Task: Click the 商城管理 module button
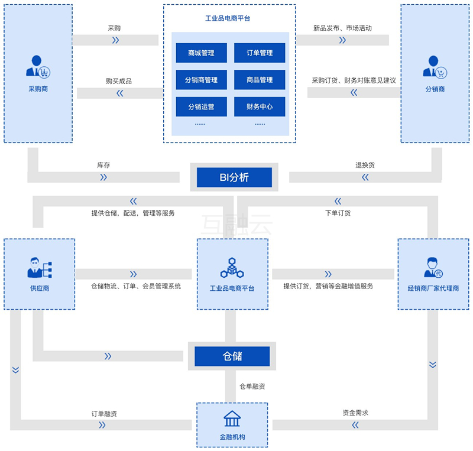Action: [201, 53]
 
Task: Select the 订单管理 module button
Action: [260, 53]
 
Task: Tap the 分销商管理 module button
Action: [201, 80]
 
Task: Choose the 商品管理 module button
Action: [260, 80]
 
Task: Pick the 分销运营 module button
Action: [201, 106]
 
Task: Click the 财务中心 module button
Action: [260, 106]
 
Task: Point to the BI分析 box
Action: [234, 177]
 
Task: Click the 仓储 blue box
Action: [232, 356]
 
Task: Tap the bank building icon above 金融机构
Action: [232, 418]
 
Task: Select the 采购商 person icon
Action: [38, 66]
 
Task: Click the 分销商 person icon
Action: [435, 67]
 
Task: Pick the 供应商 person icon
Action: [40, 268]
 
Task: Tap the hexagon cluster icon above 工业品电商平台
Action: [232, 268]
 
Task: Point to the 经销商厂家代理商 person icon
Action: [433, 268]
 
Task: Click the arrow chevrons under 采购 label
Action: [115, 40]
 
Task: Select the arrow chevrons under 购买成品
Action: [120, 93]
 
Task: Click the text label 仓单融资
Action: [252, 386]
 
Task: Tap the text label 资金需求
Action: [355, 413]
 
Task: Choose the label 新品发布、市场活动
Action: [342, 28]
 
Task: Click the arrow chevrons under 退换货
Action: [365, 177]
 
